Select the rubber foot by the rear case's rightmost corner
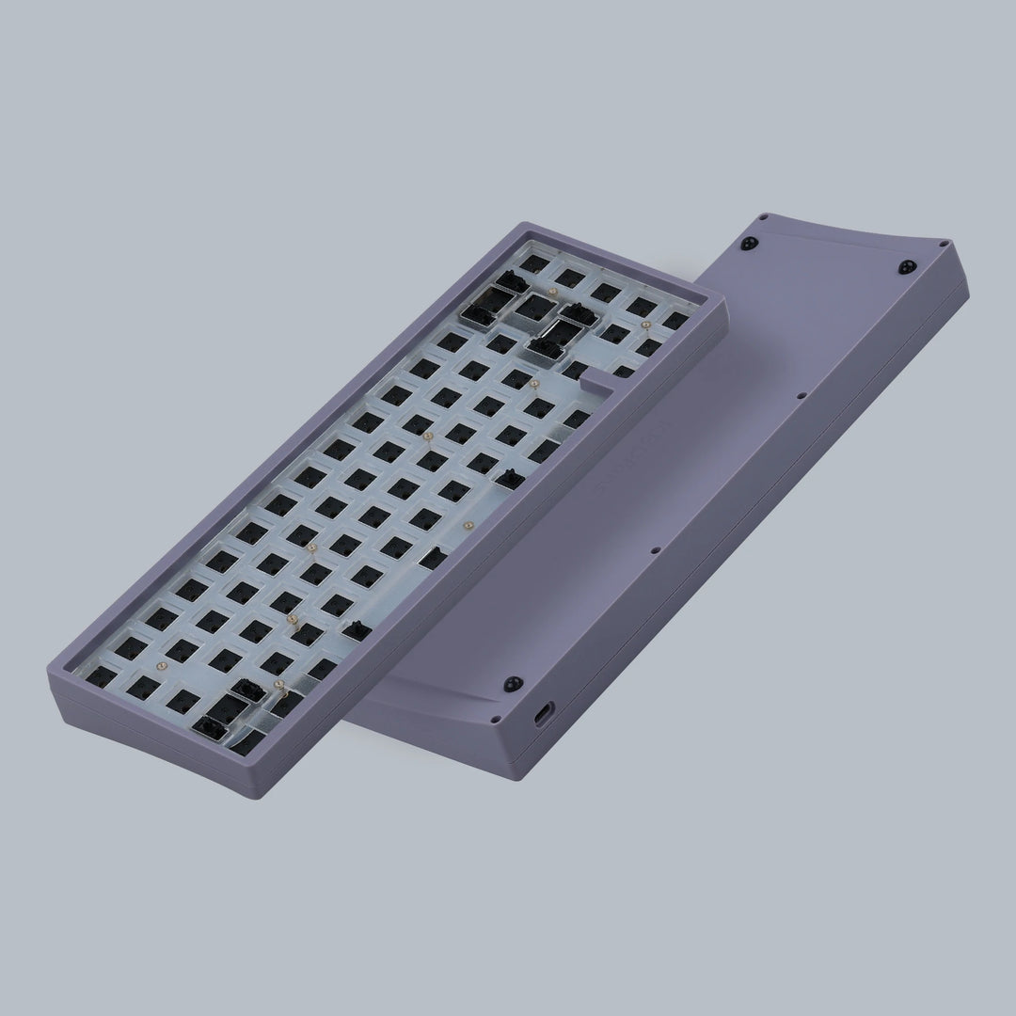click(907, 266)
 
